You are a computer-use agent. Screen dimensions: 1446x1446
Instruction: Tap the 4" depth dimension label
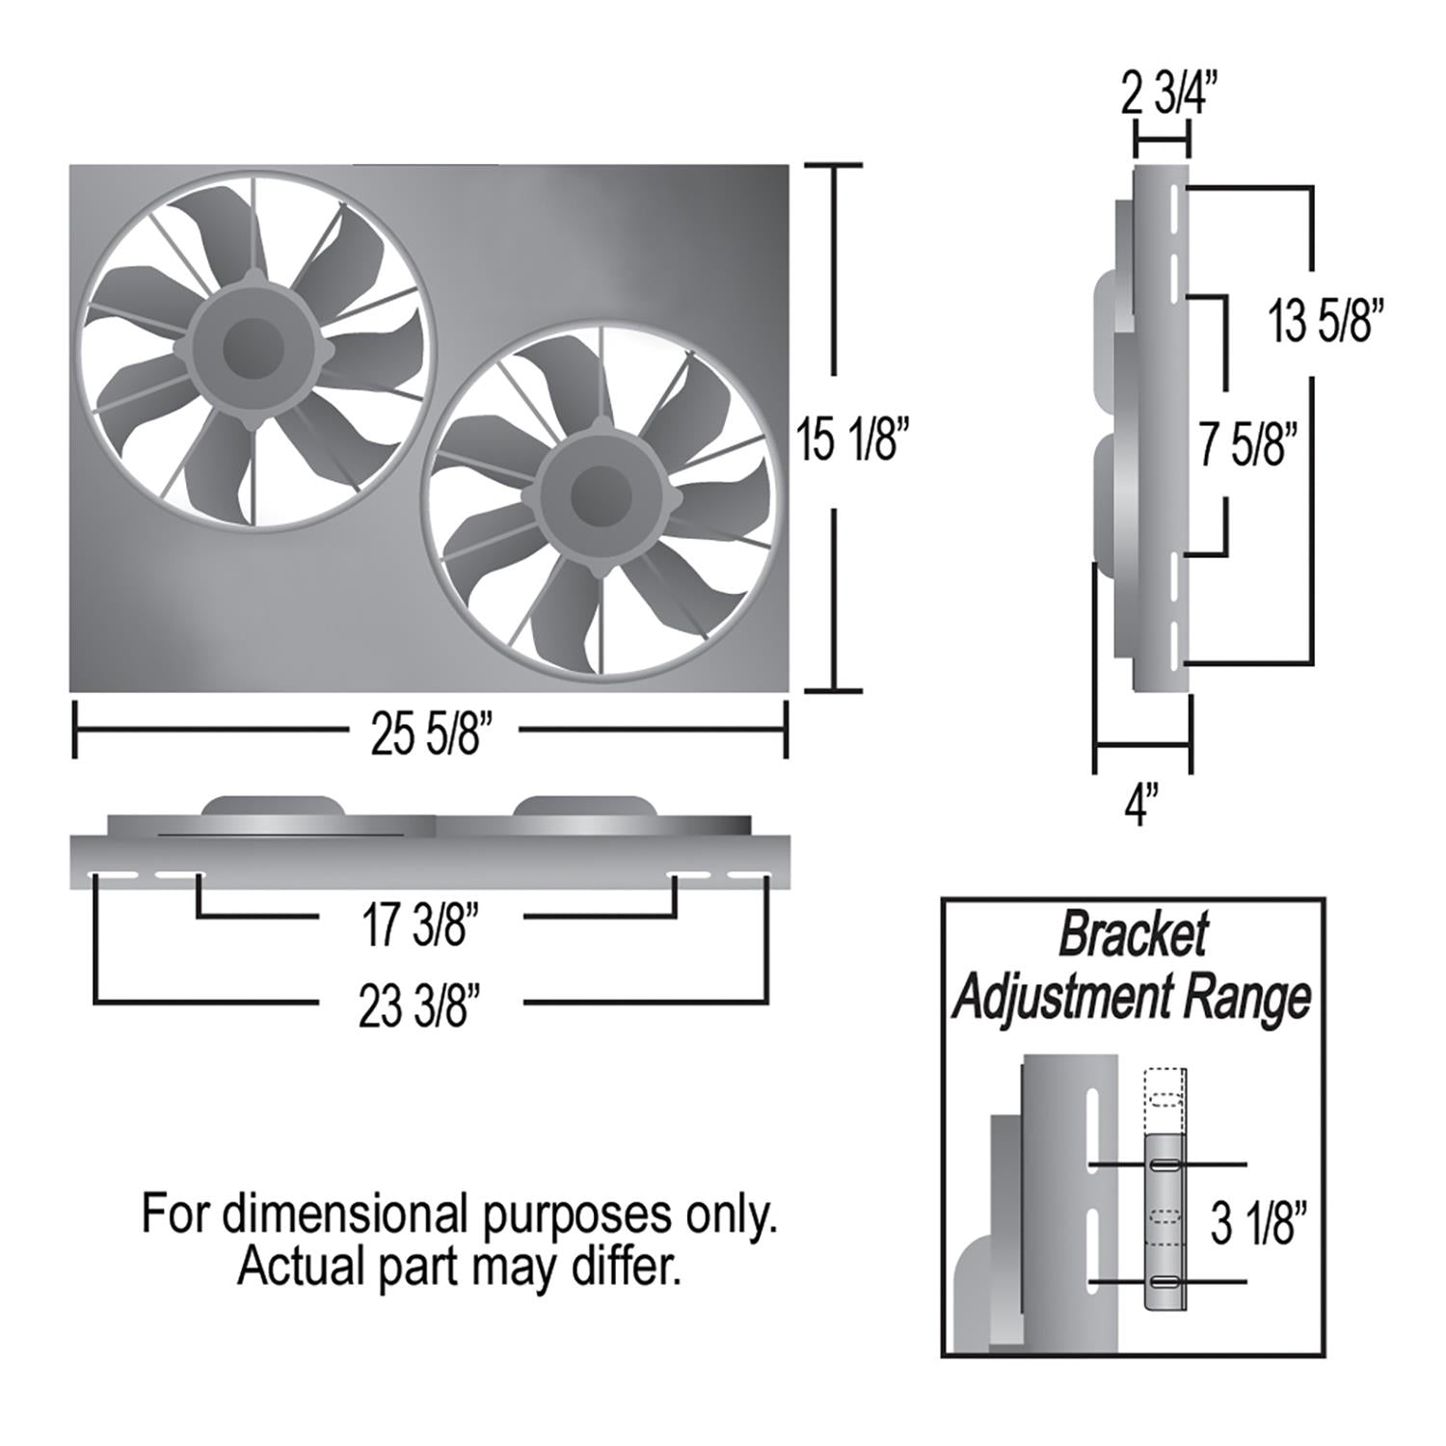[x=1139, y=805]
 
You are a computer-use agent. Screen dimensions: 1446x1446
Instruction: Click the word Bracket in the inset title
[x=1133, y=934]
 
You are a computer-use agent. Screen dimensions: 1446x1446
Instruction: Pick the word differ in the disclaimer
[x=626, y=1267]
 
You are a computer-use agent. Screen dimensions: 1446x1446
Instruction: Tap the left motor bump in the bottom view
[x=273, y=806]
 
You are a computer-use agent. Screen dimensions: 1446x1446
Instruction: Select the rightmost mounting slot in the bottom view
[x=748, y=876]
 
